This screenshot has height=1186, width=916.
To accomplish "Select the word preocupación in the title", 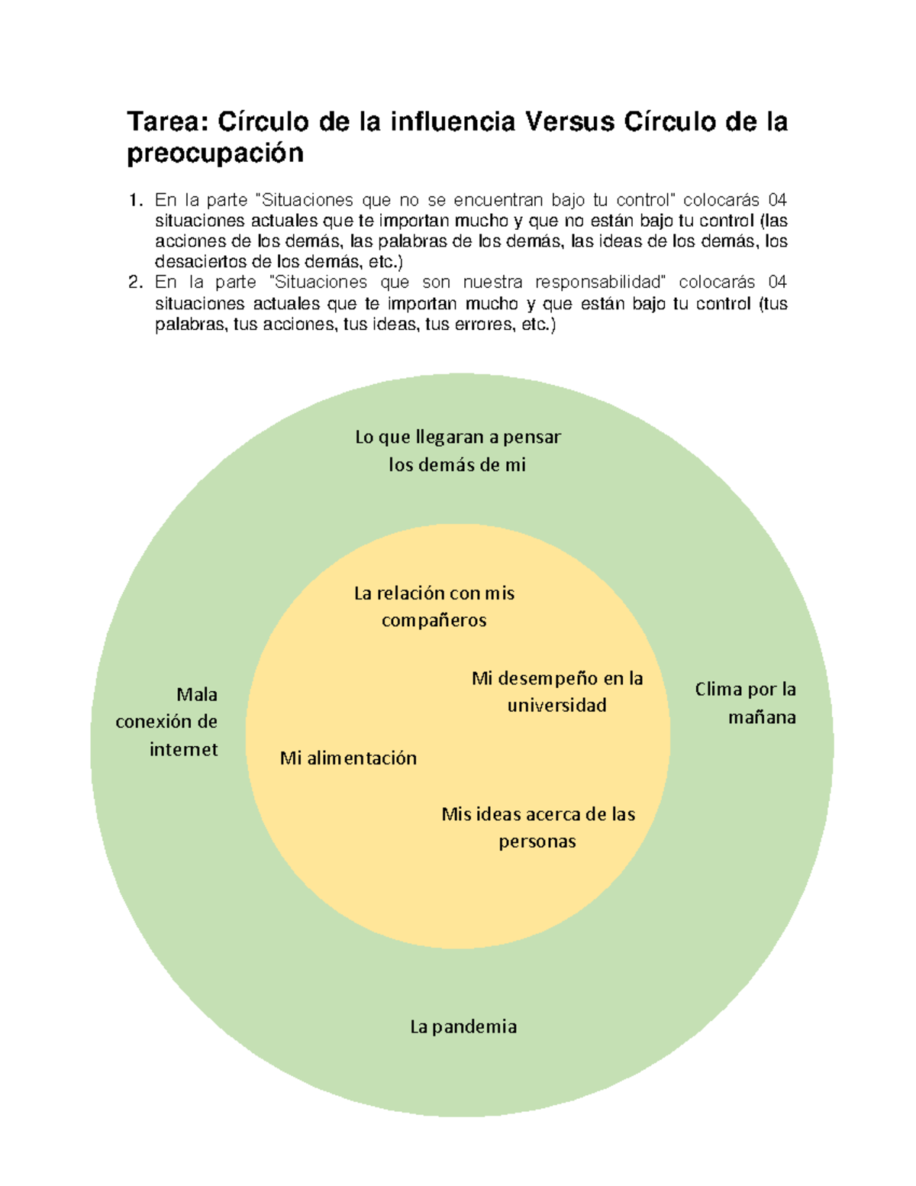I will click(x=215, y=154).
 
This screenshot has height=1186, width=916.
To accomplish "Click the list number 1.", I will click(x=135, y=201).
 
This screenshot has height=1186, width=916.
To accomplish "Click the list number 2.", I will click(x=135, y=283).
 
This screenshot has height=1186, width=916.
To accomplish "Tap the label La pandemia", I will click(x=463, y=1026).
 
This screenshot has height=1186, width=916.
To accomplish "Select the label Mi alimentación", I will click(x=348, y=758).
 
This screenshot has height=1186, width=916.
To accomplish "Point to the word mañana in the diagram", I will click(x=762, y=718).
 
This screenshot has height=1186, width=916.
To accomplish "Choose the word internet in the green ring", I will click(x=183, y=750).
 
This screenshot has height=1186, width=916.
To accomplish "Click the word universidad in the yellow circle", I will click(x=556, y=706).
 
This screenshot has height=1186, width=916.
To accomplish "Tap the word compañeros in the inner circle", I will click(x=434, y=621).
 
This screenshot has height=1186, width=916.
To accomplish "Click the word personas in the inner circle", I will click(x=537, y=842).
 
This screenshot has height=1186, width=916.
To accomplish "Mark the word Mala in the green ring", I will click(x=197, y=695).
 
